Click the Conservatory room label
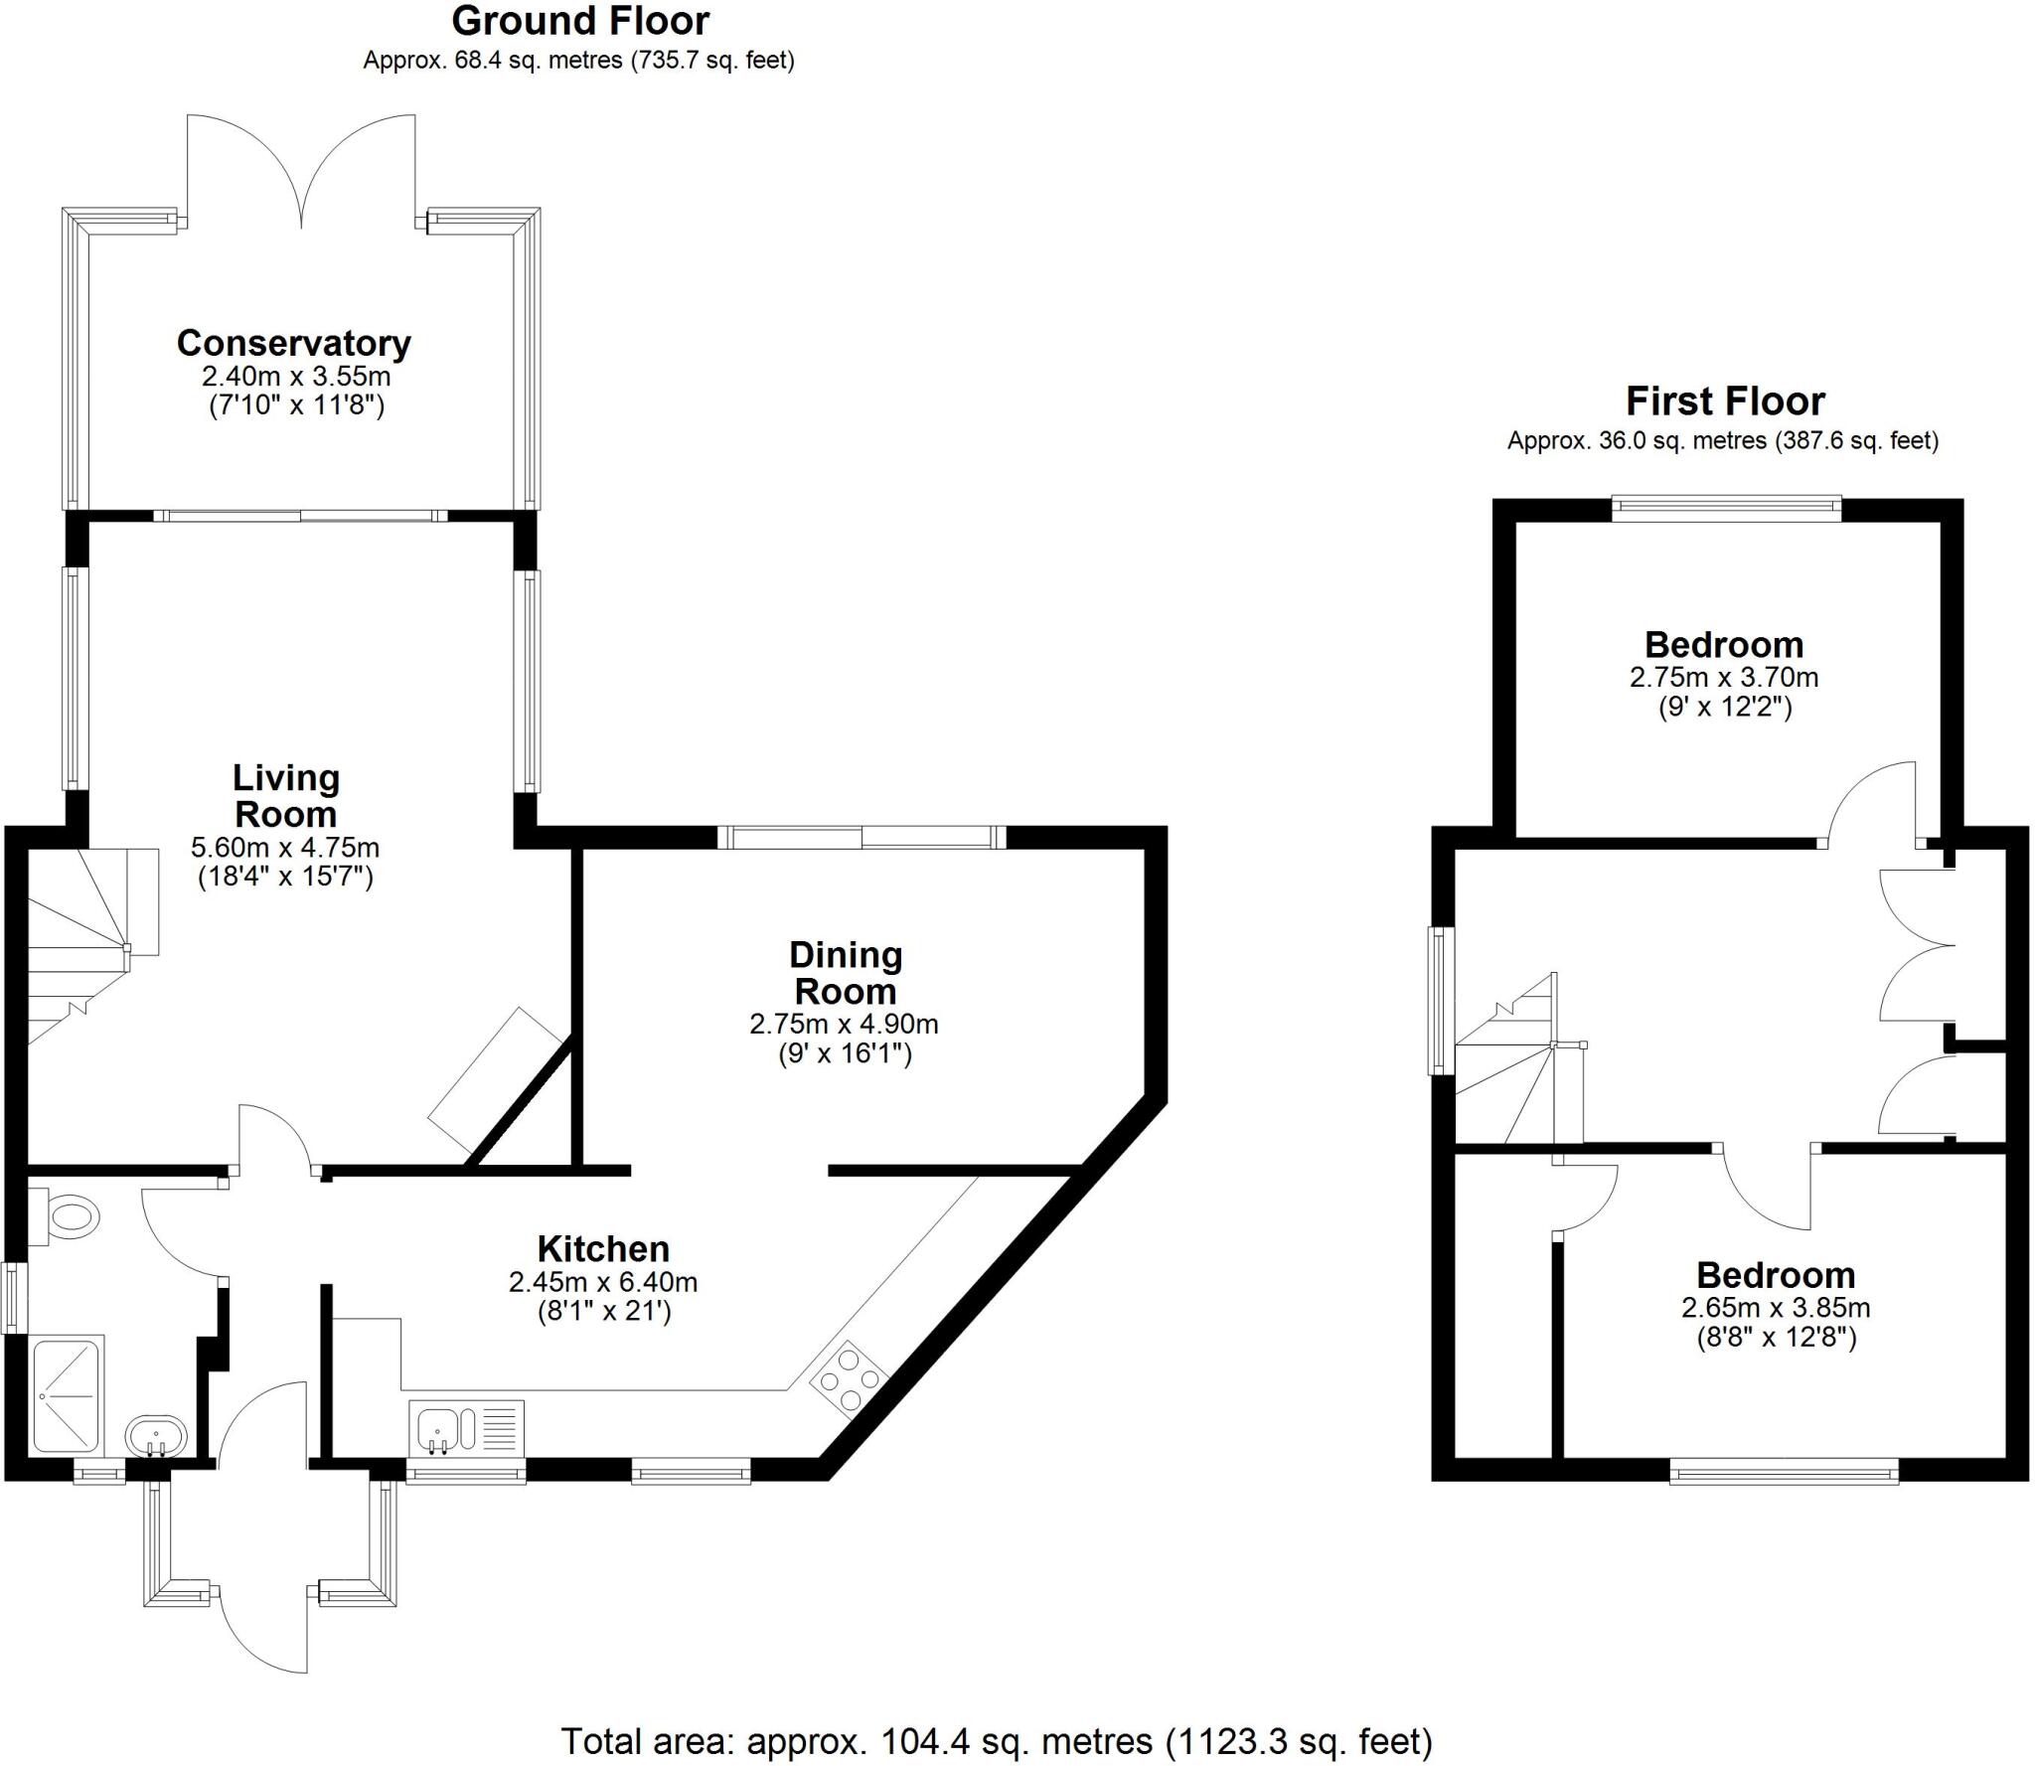(294, 343)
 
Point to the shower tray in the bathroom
(68, 1397)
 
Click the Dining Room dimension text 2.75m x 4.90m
(844, 1024)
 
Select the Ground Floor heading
(581, 21)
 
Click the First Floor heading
(1725, 401)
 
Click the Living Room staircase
(84, 944)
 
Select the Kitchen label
(603, 1249)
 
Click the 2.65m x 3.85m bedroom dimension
(1776, 1308)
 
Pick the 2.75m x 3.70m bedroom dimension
(1724, 678)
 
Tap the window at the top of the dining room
(861, 838)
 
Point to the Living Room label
(286, 796)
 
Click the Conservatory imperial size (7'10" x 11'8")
(296, 405)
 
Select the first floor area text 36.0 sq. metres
(1723, 440)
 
